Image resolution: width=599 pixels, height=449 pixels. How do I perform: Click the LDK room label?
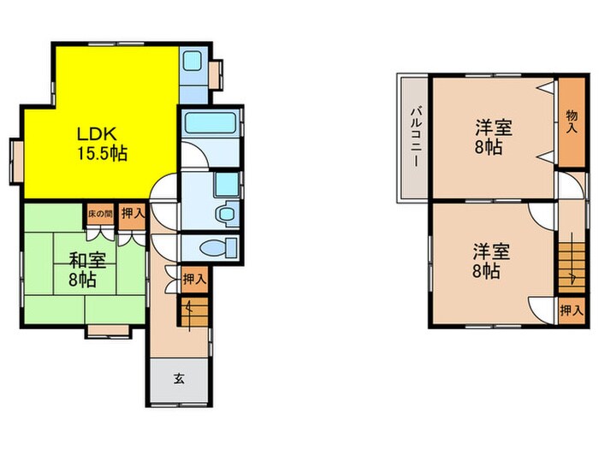[x=97, y=134]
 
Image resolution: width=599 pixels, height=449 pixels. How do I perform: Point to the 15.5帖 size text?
[x=103, y=153]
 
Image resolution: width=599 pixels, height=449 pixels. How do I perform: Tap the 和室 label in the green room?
[x=87, y=261]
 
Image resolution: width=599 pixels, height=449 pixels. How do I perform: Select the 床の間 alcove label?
[x=100, y=214]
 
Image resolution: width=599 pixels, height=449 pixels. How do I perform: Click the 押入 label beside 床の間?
[x=132, y=214]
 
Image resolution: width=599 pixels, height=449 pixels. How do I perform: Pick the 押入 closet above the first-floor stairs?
[x=194, y=280]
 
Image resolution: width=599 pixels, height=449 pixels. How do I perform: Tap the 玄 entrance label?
[x=179, y=379]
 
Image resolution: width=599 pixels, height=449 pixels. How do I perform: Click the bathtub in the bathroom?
[x=211, y=123]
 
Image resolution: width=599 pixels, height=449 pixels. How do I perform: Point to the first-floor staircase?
[x=194, y=311]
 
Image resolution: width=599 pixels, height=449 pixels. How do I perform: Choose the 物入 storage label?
[x=572, y=121]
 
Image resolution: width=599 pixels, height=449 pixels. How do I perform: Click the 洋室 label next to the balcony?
[x=494, y=127]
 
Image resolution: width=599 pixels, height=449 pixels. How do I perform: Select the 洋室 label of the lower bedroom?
[x=492, y=251]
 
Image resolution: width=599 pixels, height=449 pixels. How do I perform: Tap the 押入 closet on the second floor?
[x=572, y=310]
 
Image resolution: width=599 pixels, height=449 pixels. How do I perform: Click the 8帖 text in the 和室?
[x=82, y=280]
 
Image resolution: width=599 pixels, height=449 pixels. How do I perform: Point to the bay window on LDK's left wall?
[x=17, y=161]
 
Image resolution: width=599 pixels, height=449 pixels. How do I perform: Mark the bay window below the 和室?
[x=108, y=331]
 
